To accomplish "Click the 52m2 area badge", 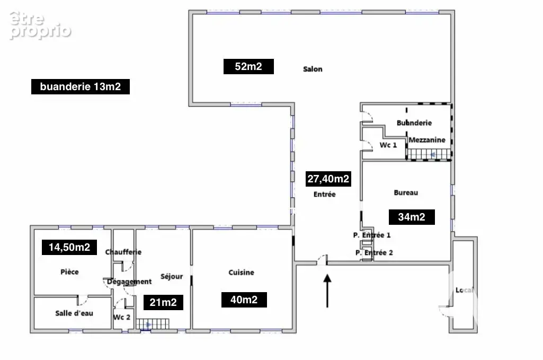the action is pyautogui.click(x=248, y=66).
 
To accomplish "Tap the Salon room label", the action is pyautogui.click(x=313, y=69).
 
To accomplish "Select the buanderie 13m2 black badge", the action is pyautogui.click(x=81, y=86).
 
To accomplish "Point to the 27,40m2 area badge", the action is pyautogui.click(x=328, y=179).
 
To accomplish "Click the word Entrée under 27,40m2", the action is pyautogui.click(x=325, y=195).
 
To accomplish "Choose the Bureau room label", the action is pyautogui.click(x=406, y=192).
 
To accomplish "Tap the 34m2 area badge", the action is pyautogui.click(x=412, y=217).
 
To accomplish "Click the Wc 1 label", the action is pyautogui.click(x=388, y=145).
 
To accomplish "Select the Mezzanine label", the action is pyautogui.click(x=427, y=140).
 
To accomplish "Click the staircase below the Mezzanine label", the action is pyautogui.click(x=429, y=154).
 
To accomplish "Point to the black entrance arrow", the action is pyautogui.click(x=327, y=291).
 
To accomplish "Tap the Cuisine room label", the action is pyautogui.click(x=242, y=273).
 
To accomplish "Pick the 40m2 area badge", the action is pyautogui.click(x=244, y=300).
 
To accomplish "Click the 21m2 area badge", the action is pyautogui.click(x=164, y=303).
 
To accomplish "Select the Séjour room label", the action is pyautogui.click(x=172, y=277).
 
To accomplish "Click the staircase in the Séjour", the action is pyautogui.click(x=153, y=324).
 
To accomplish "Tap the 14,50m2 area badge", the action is pyautogui.click(x=69, y=248).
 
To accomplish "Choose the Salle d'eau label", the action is pyautogui.click(x=74, y=313).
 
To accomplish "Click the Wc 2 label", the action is pyautogui.click(x=122, y=318).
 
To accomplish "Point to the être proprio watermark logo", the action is pyautogui.click(x=40, y=25).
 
